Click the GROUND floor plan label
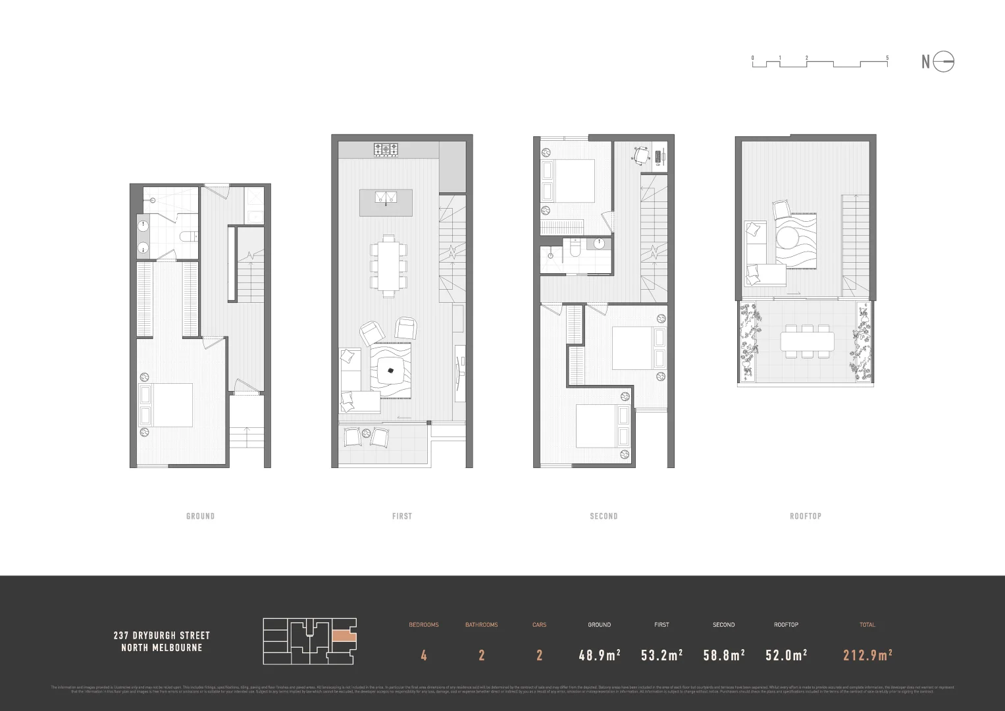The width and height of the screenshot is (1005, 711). tap(200, 516)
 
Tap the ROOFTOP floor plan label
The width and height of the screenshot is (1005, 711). tap(806, 516)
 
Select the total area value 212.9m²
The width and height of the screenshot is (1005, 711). tap(867, 655)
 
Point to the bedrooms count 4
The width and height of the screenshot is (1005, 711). tap(424, 655)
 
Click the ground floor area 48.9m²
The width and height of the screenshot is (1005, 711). tap(599, 655)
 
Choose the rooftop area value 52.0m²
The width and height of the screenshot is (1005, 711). tap(786, 655)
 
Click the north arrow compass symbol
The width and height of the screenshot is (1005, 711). tap(943, 61)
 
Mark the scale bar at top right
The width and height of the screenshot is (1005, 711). tap(820, 62)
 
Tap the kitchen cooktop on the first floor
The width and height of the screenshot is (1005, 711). tap(386, 150)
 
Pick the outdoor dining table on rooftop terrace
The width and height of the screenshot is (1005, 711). tap(807, 342)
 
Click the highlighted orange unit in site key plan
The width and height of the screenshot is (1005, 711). tap(344, 637)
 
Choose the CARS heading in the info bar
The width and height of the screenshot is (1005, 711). tap(539, 625)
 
